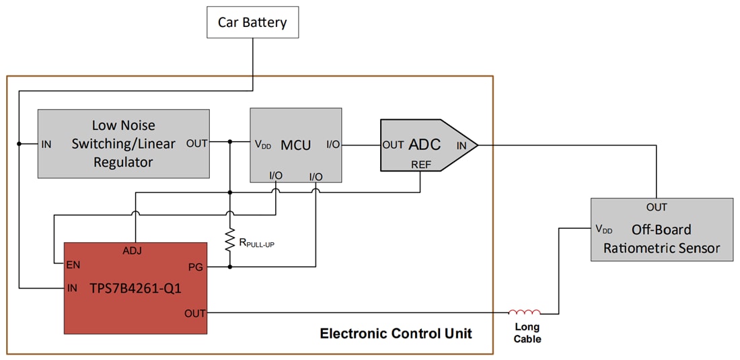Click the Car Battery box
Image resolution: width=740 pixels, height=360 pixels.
(x=252, y=22)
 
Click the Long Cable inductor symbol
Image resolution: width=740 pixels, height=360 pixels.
(x=524, y=312)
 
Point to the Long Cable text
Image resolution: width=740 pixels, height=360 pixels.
(x=527, y=333)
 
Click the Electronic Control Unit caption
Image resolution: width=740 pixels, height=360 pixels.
(x=396, y=333)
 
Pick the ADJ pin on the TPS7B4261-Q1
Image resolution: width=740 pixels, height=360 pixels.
(x=132, y=250)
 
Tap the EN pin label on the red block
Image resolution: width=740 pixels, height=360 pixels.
(x=73, y=264)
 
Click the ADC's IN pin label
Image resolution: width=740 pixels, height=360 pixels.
(x=462, y=145)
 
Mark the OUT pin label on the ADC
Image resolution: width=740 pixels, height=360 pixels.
(x=393, y=145)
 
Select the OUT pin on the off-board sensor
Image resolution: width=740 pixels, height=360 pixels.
(x=657, y=207)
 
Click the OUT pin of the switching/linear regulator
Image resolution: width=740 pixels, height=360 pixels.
(x=197, y=143)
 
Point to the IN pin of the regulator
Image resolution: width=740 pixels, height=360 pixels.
(x=46, y=144)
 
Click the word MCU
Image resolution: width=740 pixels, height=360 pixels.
(x=296, y=145)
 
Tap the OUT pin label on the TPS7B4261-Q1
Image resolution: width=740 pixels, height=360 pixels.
(x=194, y=313)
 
